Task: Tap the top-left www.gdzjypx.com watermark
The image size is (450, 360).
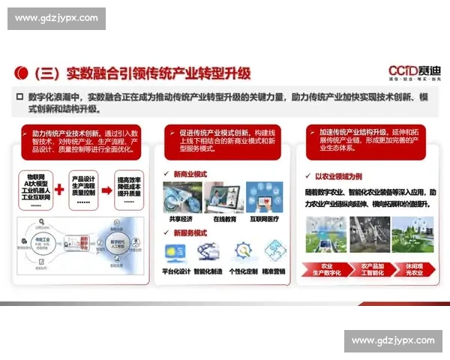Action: [56, 18]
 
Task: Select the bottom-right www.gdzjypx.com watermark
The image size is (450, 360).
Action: [392, 340]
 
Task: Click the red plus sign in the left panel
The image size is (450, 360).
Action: [59, 187]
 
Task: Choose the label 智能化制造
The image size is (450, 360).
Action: [211, 271]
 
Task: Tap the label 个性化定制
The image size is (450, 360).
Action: [244, 271]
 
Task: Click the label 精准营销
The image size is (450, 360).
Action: [274, 271]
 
